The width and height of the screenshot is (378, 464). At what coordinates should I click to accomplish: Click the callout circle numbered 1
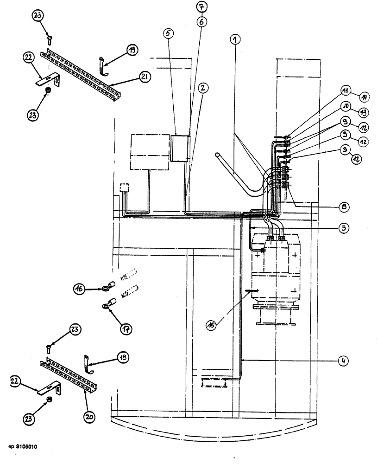pos(236,40)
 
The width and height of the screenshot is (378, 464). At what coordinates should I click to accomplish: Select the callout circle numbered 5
pos(168,33)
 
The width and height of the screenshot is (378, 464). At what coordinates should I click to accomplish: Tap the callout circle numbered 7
pos(203,7)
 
